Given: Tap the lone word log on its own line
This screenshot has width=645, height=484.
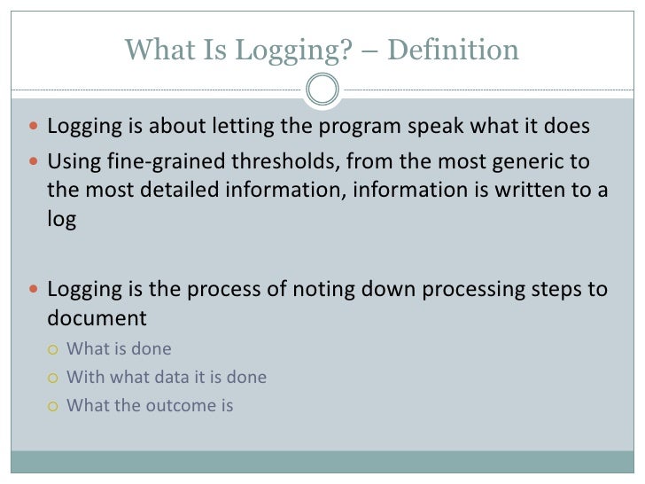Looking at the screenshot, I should point(62,219).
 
